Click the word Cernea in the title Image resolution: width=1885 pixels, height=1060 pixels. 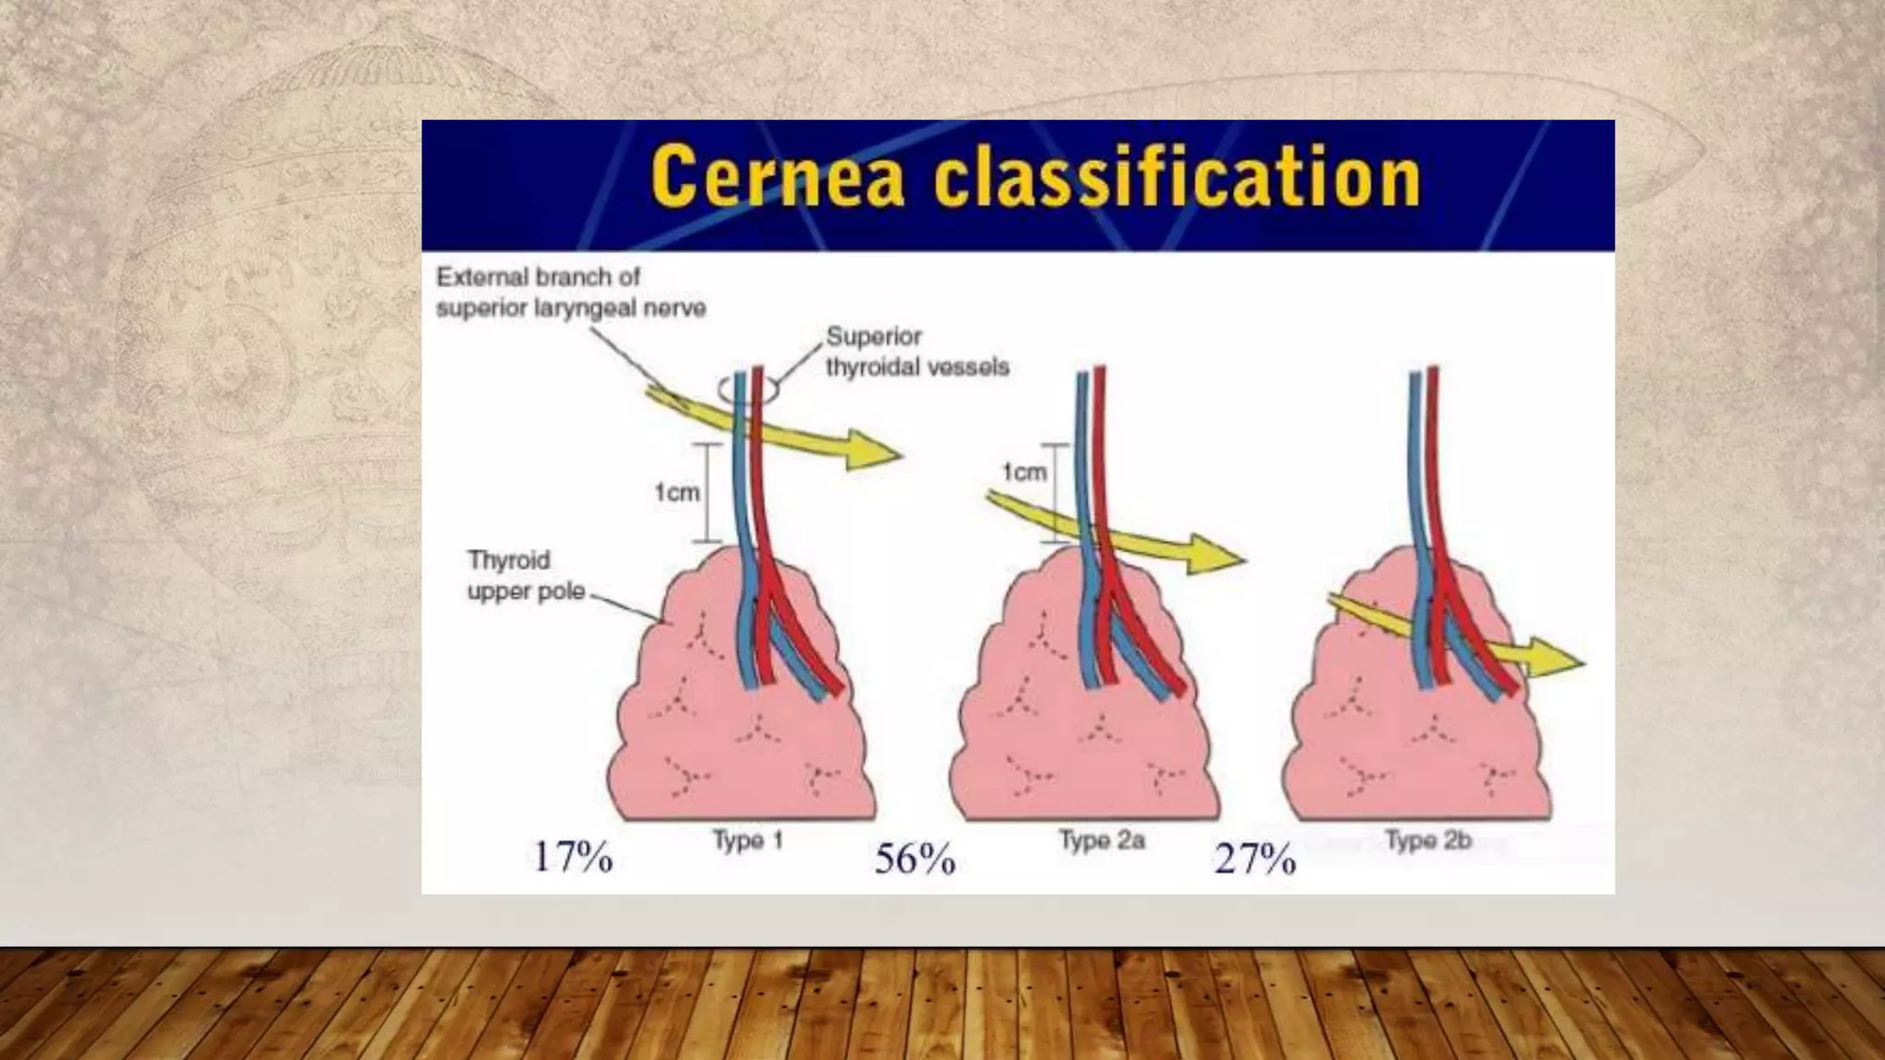coord(778,177)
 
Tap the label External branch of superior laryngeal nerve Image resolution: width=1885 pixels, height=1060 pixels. coord(571,292)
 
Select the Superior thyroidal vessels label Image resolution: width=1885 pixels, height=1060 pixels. coord(917,351)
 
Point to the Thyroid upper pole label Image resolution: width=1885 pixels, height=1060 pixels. coord(526,575)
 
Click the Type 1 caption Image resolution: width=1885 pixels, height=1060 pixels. coord(747,839)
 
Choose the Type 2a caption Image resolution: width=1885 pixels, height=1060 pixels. coord(1101,839)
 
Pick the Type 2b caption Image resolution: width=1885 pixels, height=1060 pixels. coord(1428,839)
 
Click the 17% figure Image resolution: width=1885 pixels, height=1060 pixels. coord(572,858)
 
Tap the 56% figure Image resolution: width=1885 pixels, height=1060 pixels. coord(915,859)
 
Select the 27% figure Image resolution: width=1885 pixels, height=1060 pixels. coord(1255,859)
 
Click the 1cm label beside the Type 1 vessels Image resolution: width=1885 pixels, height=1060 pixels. coord(677,493)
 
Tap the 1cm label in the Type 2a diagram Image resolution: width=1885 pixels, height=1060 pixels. coord(1023,472)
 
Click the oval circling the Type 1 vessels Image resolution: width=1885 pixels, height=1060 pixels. coord(747,389)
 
